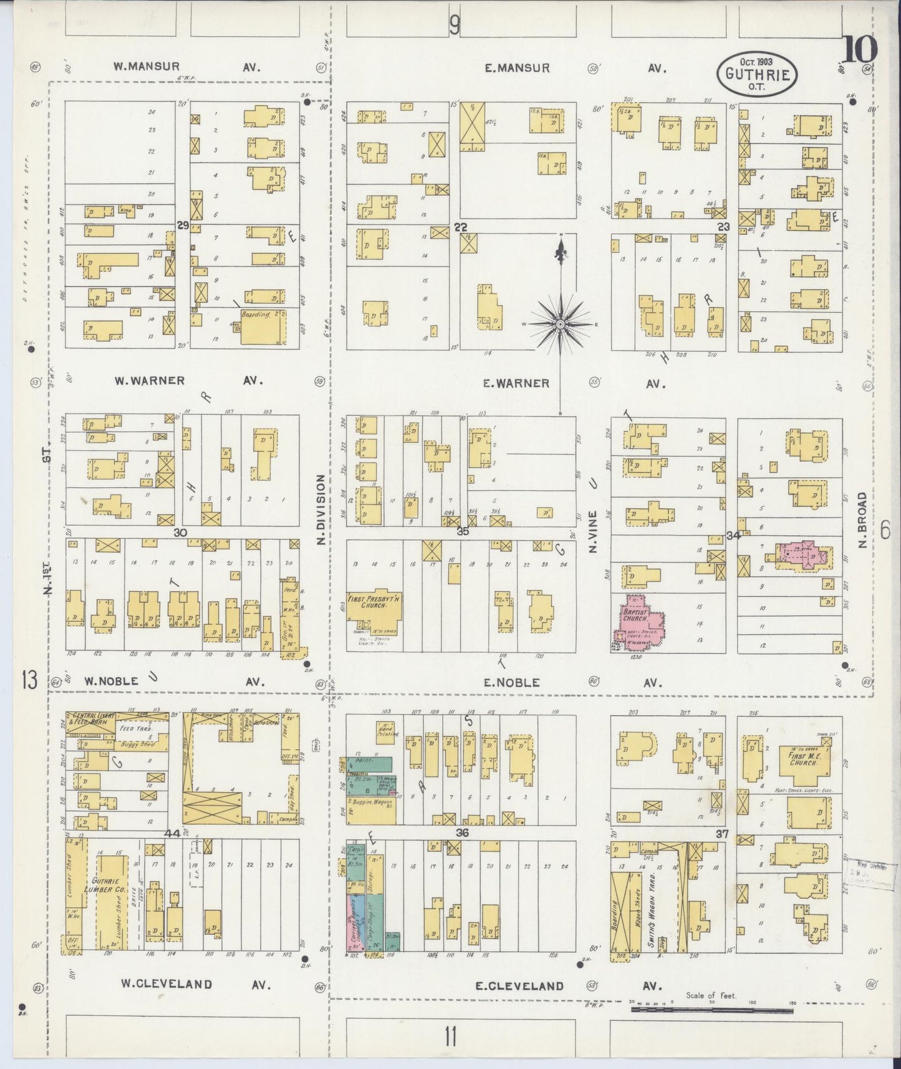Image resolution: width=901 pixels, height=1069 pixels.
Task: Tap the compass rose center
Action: [x=561, y=324]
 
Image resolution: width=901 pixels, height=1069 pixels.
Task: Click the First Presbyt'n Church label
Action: [x=374, y=601]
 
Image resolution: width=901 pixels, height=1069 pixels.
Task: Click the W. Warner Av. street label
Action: [x=150, y=380]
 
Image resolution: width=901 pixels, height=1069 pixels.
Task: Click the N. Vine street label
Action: [x=593, y=532]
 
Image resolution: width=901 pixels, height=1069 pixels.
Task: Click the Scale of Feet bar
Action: [x=711, y=1009]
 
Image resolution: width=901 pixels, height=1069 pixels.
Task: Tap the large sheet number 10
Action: [x=860, y=50]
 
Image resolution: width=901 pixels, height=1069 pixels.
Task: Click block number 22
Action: [x=461, y=228]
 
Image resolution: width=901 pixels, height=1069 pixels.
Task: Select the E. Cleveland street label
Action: [x=519, y=986]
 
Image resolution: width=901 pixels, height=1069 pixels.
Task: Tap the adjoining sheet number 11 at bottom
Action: [x=451, y=1038]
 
